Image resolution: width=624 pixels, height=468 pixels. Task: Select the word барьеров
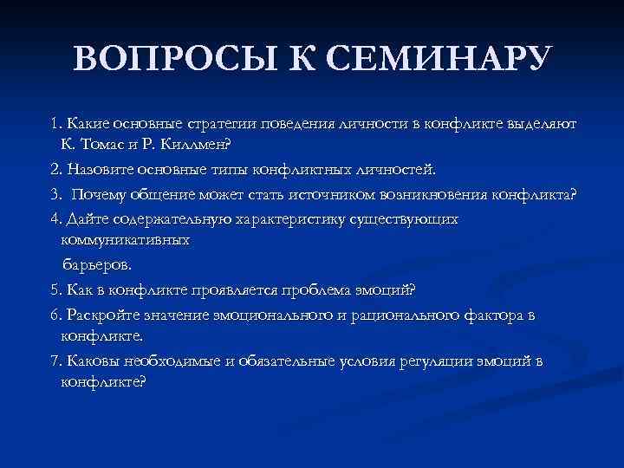click(96, 263)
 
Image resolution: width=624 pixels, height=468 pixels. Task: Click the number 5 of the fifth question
click(54, 289)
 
